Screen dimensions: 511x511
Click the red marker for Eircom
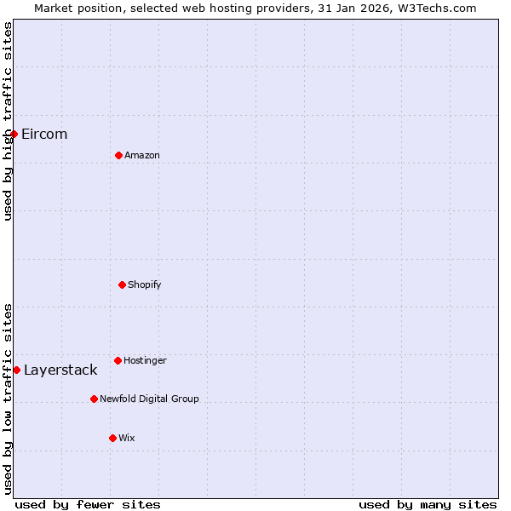pyautogui.click(x=14, y=134)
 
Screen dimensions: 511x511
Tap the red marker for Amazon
pyautogui.click(x=118, y=155)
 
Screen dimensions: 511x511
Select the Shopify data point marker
pyautogui.click(x=122, y=284)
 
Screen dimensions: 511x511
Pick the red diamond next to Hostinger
pyautogui.click(x=118, y=360)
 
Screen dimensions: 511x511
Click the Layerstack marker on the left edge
pyautogui.click(x=16, y=370)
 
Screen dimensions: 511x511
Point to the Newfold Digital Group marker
pyautogui.click(x=94, y=399)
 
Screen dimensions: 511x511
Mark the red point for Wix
pyautogui.click(x=112, y=438)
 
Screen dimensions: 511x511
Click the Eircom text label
pyautogui.click(x=44, y=134)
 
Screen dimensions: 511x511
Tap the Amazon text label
pyautogui.click(x=142, y=155)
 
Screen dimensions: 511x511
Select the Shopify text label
pyautogui.click(x=145, y=284)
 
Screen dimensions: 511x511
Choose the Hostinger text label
pyautogui.click(x=145, y=360)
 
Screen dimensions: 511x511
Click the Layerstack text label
pyautogui.click(x=60, y=370)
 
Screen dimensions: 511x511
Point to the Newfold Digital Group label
pyautogui.click(x=149, y=399)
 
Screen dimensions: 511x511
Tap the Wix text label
pyautogui.click(x=127, y=438)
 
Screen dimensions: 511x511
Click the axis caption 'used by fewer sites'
pyautogui.click(x=88, y=504)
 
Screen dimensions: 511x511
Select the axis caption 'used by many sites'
pyautogui.click(x=428, y=504)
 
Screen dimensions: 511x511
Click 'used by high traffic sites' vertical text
pyautogui.click(x=8, y=121)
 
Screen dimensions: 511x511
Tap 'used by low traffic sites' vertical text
pyautogui.click(x=8, y=399)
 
